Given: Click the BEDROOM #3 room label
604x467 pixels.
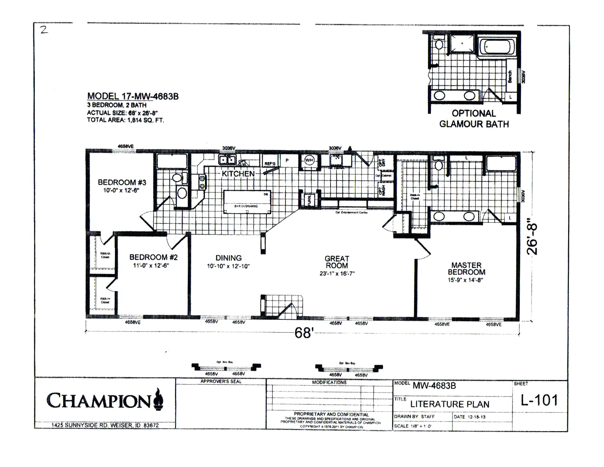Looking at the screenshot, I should pos(122,182).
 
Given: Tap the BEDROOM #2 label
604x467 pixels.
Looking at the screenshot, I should pos(153,257).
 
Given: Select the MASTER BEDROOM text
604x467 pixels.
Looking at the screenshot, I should pos(466,268).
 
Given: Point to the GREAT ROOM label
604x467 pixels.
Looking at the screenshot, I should pos(337,262).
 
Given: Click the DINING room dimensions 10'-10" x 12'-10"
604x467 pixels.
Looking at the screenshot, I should pos(228,266).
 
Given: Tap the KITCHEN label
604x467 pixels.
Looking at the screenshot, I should pos(238,174).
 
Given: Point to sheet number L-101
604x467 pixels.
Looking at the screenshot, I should pos(539,400).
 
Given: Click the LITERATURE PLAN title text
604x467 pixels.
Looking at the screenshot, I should pos(450,404).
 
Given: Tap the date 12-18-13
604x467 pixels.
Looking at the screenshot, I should pos(476,417).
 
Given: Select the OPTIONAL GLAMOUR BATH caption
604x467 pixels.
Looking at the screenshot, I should pos(474,119).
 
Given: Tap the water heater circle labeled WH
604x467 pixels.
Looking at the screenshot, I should pos(309,160).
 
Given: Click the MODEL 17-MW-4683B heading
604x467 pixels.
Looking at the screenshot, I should pos(133,96).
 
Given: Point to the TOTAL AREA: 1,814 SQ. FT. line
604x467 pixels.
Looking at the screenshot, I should pos(125,120).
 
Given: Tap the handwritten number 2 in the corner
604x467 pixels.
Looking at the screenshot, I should pos(44,30).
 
